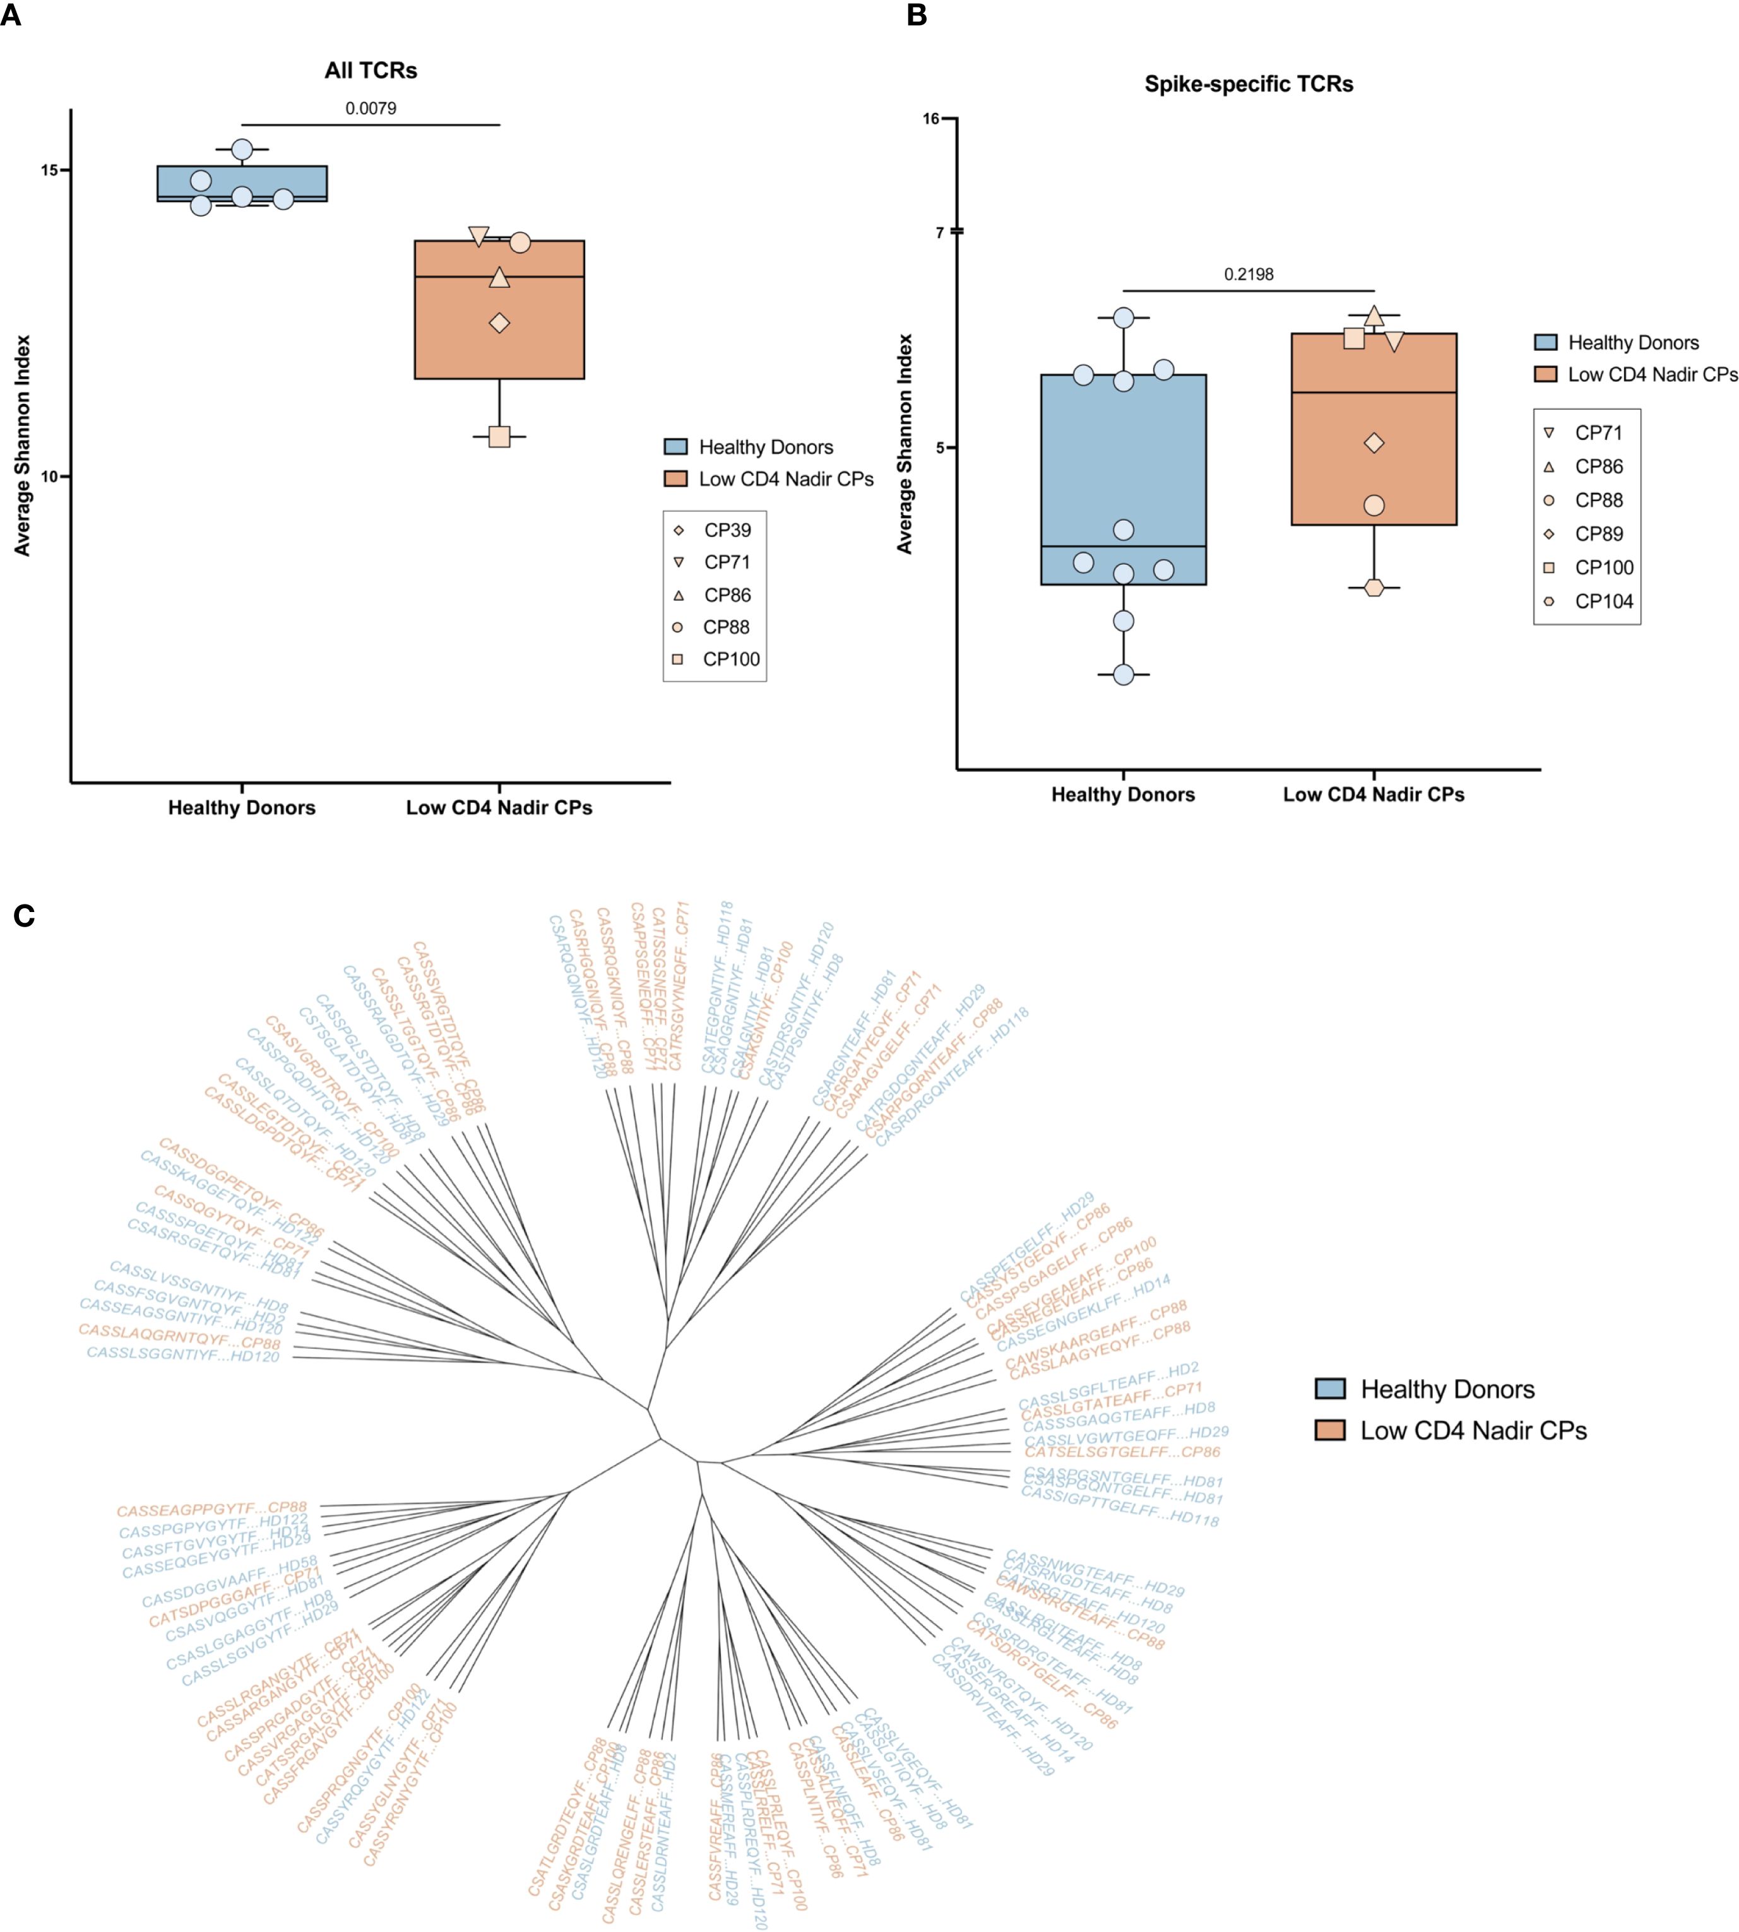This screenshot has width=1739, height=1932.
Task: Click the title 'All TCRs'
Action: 371,71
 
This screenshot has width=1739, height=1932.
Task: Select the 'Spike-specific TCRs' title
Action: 1249,84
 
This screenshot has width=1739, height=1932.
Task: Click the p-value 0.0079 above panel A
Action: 371,108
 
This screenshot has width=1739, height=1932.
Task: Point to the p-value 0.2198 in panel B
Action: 1249,274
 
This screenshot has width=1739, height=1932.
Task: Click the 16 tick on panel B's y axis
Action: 932,119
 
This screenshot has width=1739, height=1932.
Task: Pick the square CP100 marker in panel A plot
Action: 499,437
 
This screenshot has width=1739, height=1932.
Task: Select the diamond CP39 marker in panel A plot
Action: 499,323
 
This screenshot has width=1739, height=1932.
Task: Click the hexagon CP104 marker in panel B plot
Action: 1374,588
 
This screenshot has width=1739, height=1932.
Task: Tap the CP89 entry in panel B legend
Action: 1598,534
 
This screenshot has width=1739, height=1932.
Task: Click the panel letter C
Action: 24,916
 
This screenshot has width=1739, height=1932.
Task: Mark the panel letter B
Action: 917,16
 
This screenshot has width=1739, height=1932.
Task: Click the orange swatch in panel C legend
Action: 1330,1430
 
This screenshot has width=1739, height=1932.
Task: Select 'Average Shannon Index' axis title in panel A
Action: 23,445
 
